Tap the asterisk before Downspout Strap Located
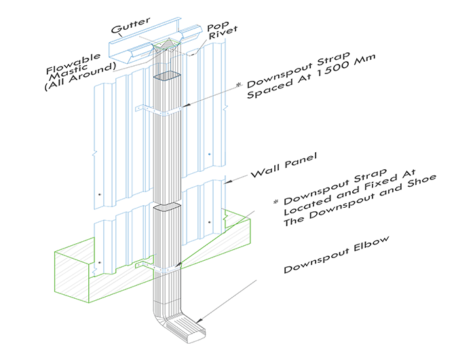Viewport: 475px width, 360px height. (x=275, y=202)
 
